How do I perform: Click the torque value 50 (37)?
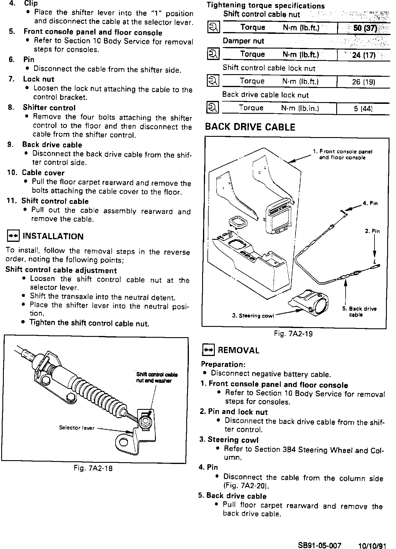(x=365, y=29)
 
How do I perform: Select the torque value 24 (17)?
(x=364, y=55)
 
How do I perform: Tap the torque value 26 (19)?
(x=363, y=82)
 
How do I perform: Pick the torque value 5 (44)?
(x=363, y=109)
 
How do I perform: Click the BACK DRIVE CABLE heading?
(x=250, y=127)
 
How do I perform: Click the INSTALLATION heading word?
(x=53, y=236)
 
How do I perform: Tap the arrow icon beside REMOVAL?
(x=208, y=350)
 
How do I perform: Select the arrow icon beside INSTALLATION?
(x=13, y=236)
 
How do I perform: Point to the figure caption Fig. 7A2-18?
(x=93, y=468)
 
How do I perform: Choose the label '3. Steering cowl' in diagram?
(x=253, y=316)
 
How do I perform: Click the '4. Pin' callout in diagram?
(x=370, y=203)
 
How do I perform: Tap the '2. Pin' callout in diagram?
(x=372, y=231)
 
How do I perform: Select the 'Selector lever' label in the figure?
(x=77, y=428)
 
